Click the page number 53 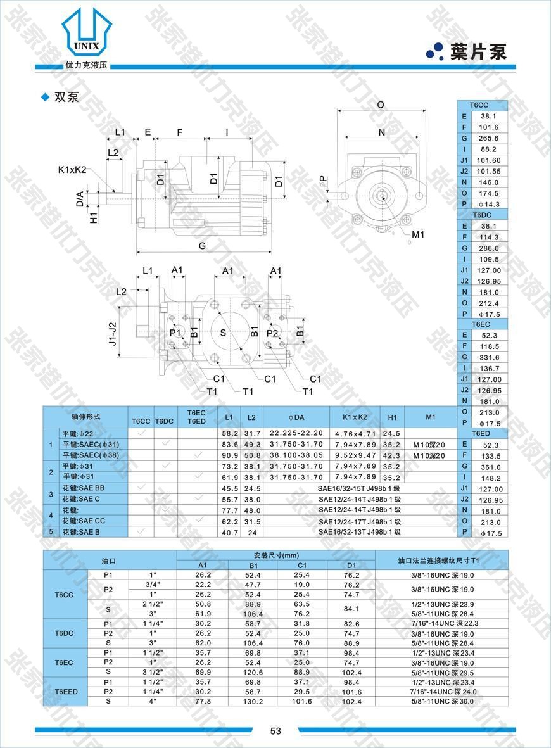point(275,731)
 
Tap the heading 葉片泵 point(479,52)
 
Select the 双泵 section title point(66,97)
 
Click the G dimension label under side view point(202,245)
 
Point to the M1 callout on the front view point(418,235)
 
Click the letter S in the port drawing point(223,333)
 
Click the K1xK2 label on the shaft point(72,170)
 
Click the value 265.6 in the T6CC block point(488,138)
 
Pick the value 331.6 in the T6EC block point(488,357)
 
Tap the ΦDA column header point(296,417)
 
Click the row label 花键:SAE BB point(83,488)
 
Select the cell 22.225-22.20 point(296,433)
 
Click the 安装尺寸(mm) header point(275,555)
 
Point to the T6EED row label point(66,692)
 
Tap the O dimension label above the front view point(381,105)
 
